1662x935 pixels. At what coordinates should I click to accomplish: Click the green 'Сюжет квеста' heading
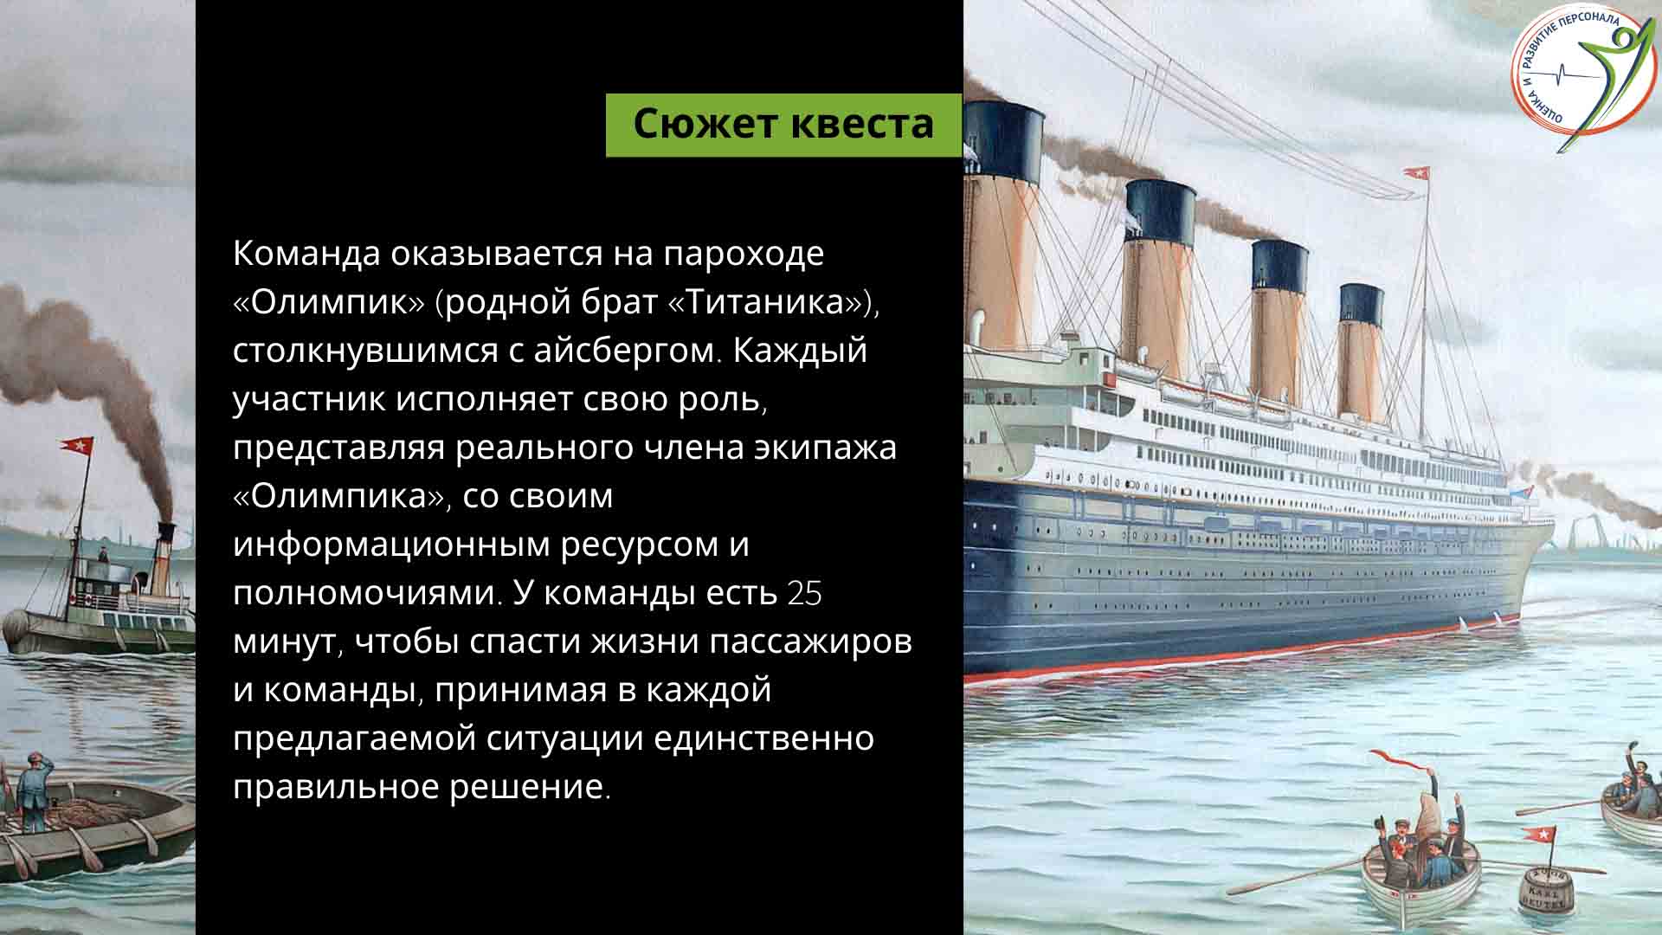pyautogui.click(x=783, y=125)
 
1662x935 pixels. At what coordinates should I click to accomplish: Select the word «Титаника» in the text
pyautogui.click(x=767, y=302)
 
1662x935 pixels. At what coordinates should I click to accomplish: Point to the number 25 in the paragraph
pyautogui.click(x=804, y=594)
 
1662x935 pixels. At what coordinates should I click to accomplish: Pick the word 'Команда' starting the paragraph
pyautogui.click(x=307, y=254)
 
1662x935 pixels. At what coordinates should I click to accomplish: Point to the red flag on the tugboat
pyautogui.click(x=76, y=447)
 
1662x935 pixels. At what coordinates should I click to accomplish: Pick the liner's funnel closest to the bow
pyautogui.click(x=1362, y=351)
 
